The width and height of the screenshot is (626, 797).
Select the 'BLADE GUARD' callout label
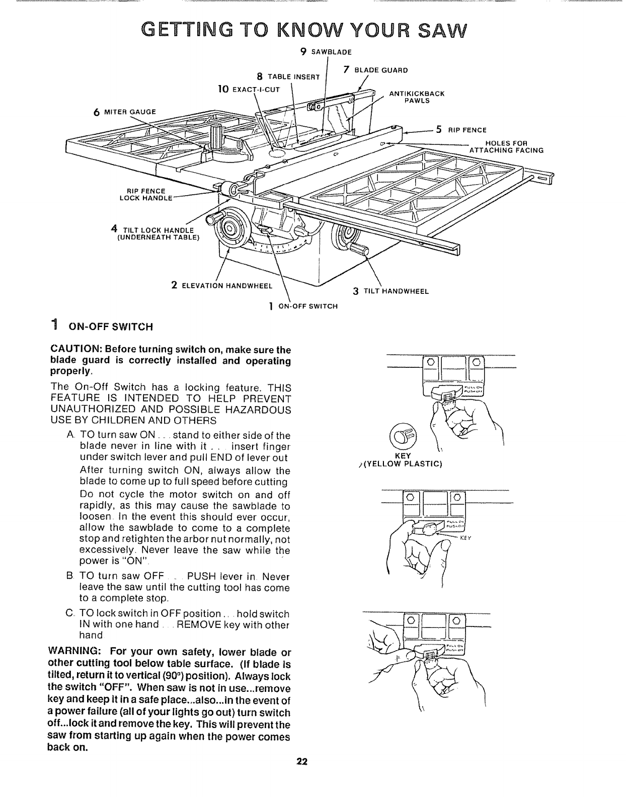382,70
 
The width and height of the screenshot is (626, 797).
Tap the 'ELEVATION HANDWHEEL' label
226,286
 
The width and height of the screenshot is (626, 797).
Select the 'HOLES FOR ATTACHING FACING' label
505,146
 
